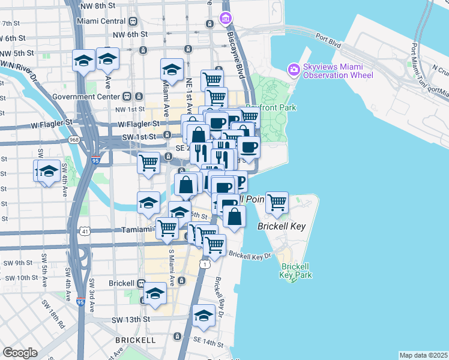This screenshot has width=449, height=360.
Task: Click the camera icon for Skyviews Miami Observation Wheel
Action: (294, 70)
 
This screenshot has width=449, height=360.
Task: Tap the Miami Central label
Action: (100, 20)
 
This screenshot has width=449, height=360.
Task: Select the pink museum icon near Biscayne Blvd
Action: (226, 19)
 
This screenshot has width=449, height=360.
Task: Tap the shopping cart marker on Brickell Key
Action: (277, 203)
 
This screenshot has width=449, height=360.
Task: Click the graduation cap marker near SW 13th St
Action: (203, 316)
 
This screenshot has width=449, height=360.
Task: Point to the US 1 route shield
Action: (206, 264)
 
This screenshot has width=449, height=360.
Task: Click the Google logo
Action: (20, 352)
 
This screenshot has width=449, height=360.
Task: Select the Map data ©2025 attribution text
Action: (423, 355)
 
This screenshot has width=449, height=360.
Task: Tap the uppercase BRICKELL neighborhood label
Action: (136, 340)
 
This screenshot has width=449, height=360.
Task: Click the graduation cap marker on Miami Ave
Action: (172, 70)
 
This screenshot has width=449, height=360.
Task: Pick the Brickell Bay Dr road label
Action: (218, 296)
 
